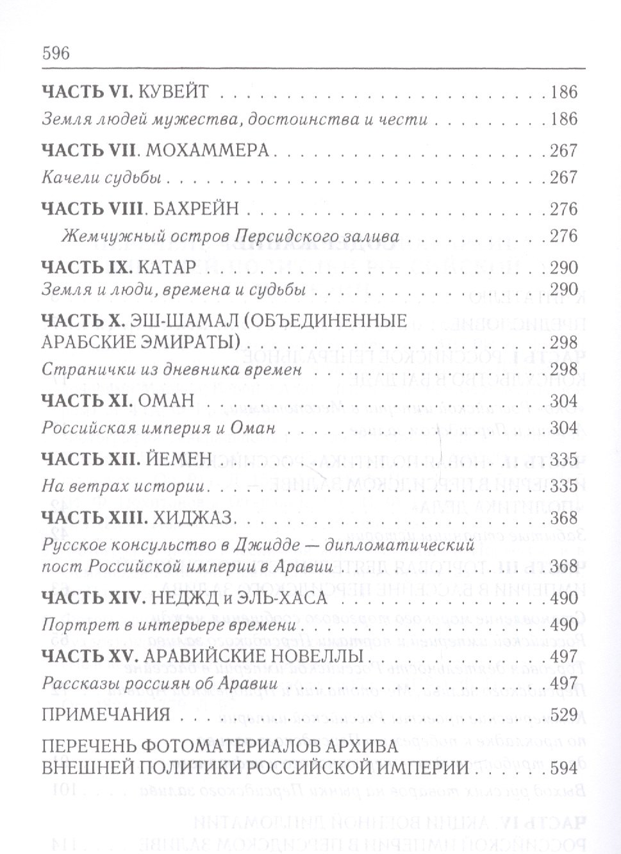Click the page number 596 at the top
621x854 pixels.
tap(55, 53)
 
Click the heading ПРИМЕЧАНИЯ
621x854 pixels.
tap(106, 715)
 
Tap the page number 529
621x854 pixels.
tap(564, 715)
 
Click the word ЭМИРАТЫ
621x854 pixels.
tap(184, 342)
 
